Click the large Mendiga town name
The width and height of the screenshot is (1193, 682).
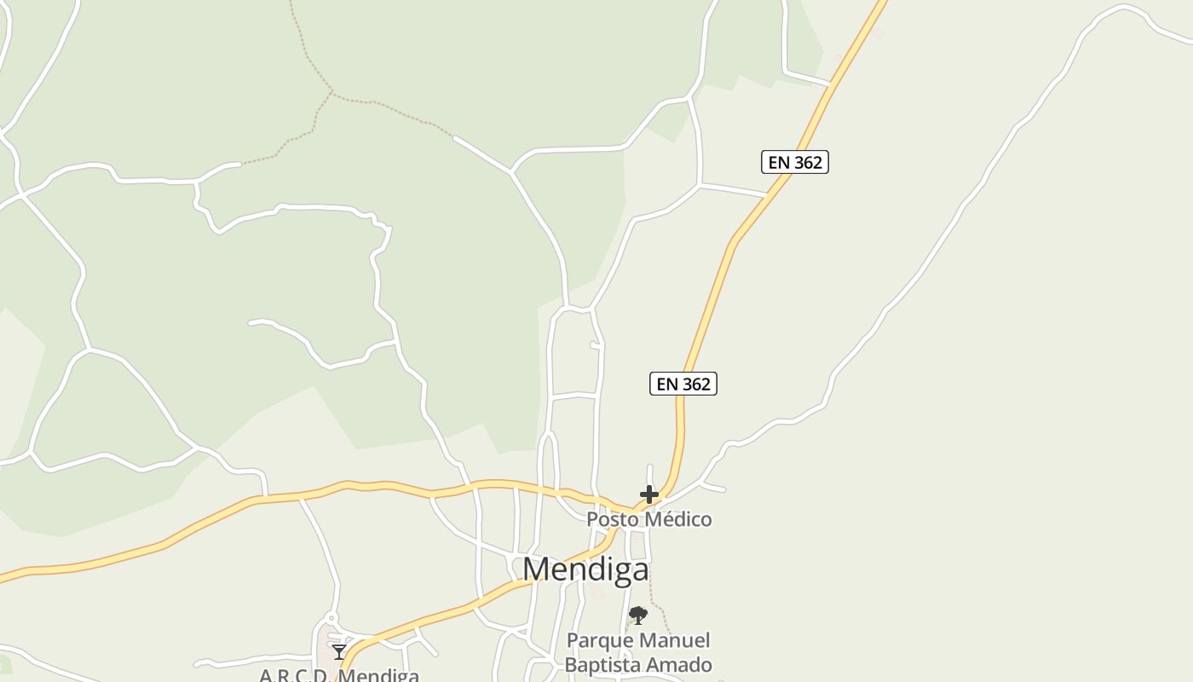[x=585, y=569]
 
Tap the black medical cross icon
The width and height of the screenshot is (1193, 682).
[x=649, y=494]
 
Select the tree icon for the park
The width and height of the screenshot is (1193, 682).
[x=637, y=616]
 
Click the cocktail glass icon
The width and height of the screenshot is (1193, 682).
[x=339, y=652]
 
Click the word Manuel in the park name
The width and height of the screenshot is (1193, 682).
[x=677, y=640]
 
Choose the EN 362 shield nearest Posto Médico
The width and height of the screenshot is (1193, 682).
[x=683, y=384]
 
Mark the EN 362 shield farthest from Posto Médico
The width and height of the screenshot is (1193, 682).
[x=795, y=162]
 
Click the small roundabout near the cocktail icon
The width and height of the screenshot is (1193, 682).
[x=331, y=618]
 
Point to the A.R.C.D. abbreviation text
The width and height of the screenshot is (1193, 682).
[x=295, y=676]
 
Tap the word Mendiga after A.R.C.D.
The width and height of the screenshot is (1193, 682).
[x=378, y=676]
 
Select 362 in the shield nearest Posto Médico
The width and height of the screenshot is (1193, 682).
[x=695, y=384]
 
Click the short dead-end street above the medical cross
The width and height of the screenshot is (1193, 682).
[x=649, y=474]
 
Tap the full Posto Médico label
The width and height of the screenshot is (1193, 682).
[x=649, y=519]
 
